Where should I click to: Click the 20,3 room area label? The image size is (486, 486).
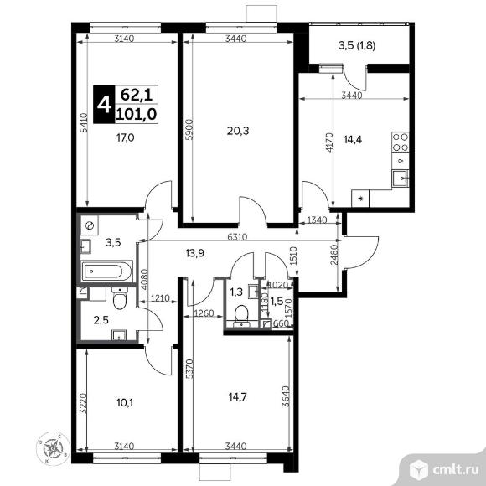[x=238, y=131]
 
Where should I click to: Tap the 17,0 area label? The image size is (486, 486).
[x=125, y=137]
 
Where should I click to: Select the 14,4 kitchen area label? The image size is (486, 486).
[x=353, y=140]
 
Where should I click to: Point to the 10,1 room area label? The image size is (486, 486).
[x=125, y=402]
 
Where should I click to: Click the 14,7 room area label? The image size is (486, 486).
[x=238, y=396]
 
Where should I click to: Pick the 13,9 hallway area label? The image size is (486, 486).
[x=195, y=254]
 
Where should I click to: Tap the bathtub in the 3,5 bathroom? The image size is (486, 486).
[x=106, y=271]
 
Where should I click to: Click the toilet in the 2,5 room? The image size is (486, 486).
[x=120, y=298]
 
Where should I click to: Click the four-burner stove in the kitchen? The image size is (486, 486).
[x=401, y=142]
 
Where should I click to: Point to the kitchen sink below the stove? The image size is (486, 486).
[x=401, y=178]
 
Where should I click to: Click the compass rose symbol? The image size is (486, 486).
[x=53, y=448]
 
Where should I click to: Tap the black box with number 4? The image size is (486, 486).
[x=104, y=105]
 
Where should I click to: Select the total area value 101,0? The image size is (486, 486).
[x=137, y=114]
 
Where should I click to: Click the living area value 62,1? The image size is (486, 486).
[x=137, y=95]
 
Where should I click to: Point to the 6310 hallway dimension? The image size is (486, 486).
[x=237, y=237]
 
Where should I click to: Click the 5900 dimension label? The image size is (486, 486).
[x=189, y=129]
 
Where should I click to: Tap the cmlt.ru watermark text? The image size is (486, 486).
[x=456, y=470]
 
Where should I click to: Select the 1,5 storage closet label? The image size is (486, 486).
[x=277, y=301]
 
